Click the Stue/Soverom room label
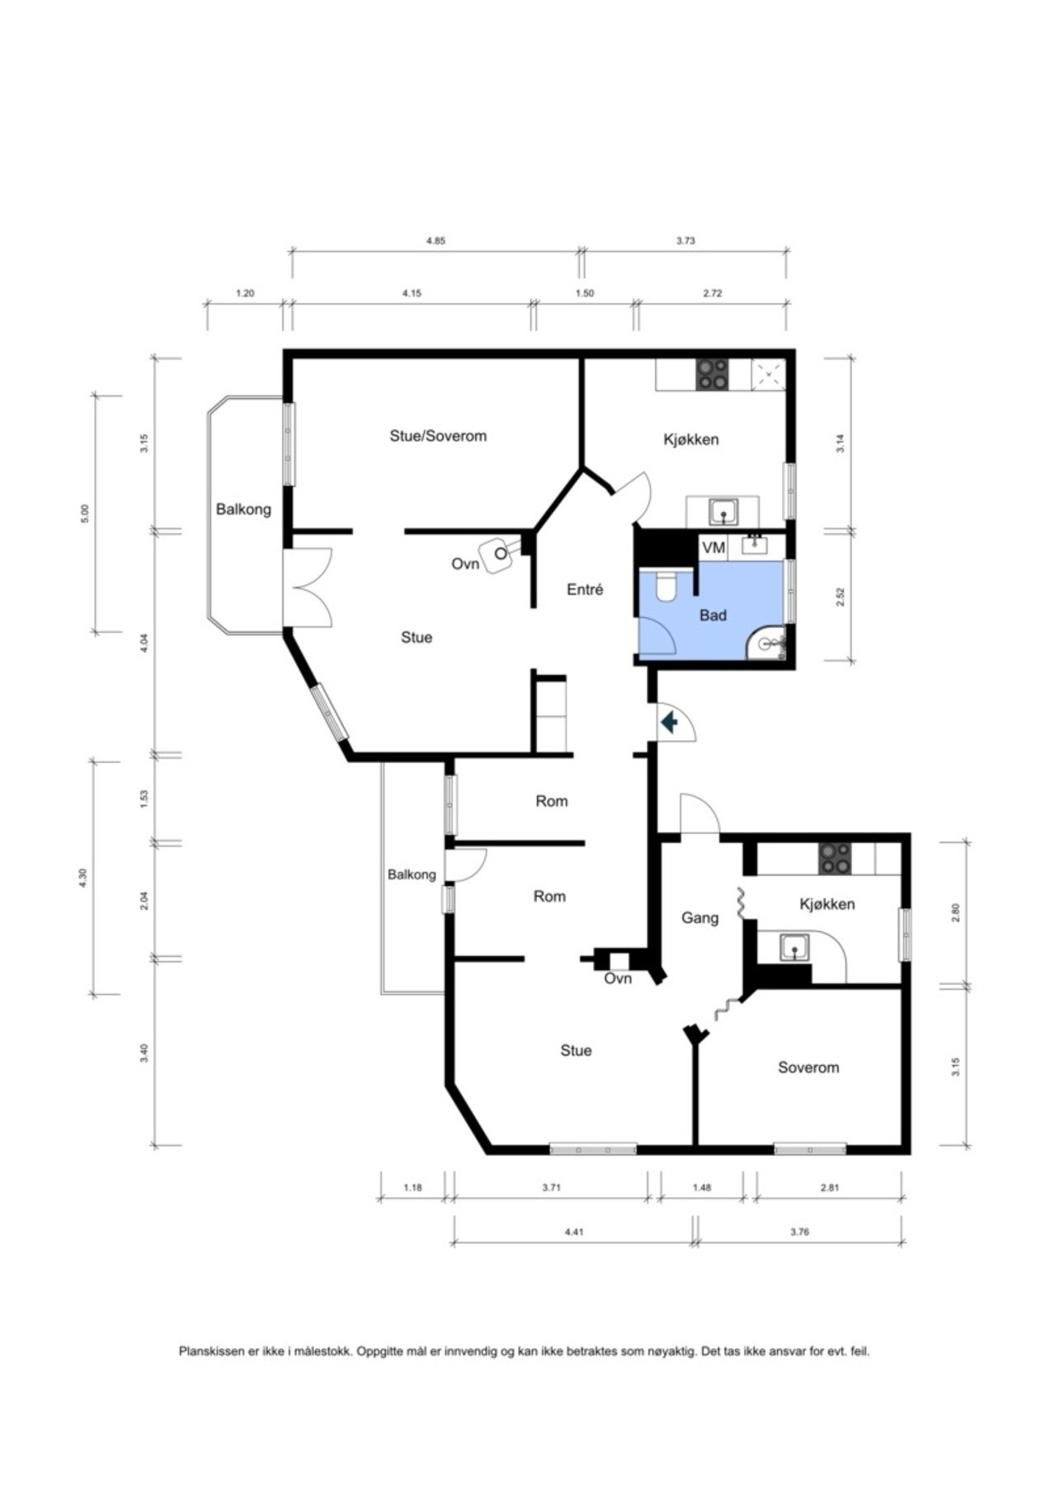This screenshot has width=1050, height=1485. (438, 436)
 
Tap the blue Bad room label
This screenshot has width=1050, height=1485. (713, 615)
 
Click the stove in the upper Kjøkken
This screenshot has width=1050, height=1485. (713, 375)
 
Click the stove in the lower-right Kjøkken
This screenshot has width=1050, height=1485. (834, 859)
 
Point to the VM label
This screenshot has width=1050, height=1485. (713, 548)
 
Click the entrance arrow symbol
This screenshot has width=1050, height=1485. (669, 724)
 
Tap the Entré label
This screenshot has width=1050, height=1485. (585, 590)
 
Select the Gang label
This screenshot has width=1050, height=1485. (699, 917)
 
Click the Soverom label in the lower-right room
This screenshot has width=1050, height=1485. (808, 1068)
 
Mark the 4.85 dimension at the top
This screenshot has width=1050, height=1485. (436, 241)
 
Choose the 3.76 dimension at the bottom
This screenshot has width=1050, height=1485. (799, 1232)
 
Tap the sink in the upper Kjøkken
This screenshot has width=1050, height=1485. (723, 511)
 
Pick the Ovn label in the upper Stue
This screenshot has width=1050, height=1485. (465, 564)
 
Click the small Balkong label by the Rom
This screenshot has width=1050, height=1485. (412, 874)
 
